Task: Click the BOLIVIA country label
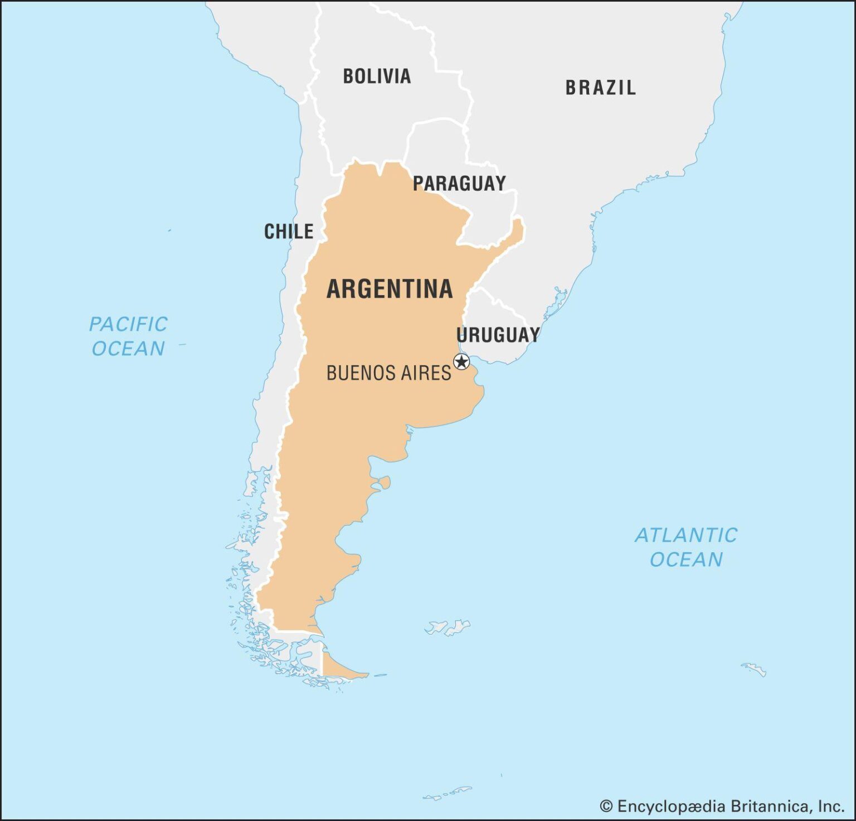click(x=377, y=76)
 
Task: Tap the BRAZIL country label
click(x=600, y=88)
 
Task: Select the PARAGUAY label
click(x=459, y=183)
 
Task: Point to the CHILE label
click(x=288, y=231)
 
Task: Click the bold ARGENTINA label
click(x=389, y=288)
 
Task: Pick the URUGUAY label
click(x=498, y=335)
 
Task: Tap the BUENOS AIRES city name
click(x=388, y=373)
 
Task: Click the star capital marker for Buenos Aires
click(x=461, y=361)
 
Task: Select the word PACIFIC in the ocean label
click(x=128, y=324)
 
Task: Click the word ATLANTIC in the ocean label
click(x=686, y=535)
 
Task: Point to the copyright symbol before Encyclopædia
click(x=606, y=806)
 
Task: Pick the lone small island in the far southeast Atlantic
click(x=754, y=669)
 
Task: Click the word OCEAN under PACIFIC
click(x=128, y=349)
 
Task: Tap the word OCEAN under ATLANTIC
click(x=686, y=559)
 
